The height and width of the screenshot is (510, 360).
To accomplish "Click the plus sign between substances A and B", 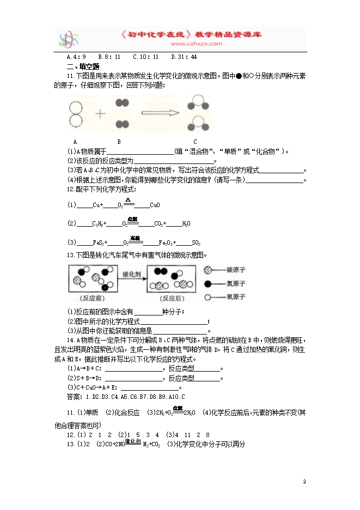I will [x=100, y=113].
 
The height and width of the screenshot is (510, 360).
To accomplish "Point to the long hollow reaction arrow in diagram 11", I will [x=160, y=113].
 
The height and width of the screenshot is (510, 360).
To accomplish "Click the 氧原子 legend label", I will [x=237, y=297].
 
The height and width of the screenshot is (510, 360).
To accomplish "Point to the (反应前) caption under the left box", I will [x=91, y=298].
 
